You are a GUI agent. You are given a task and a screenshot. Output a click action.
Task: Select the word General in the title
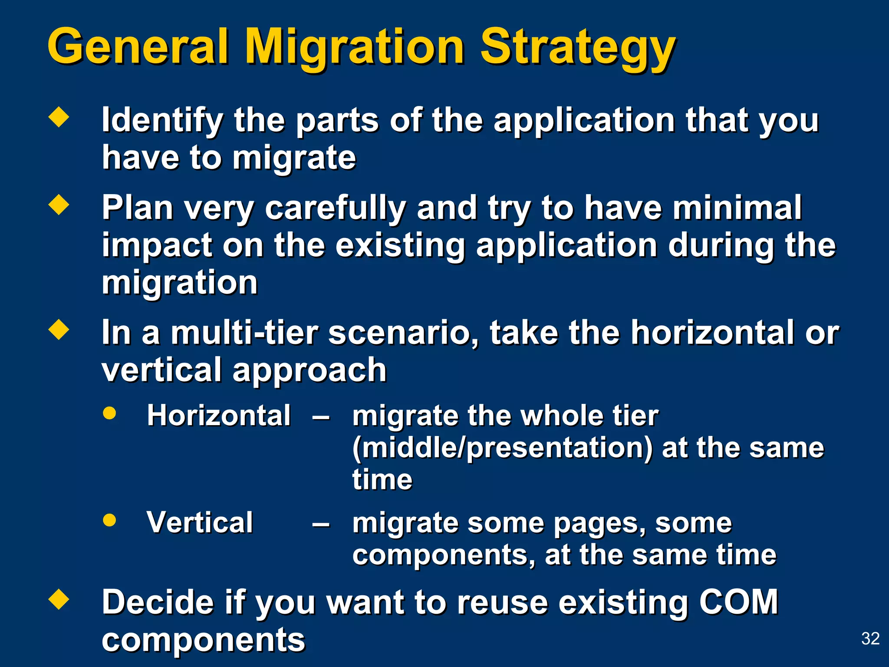[x=138, y=47]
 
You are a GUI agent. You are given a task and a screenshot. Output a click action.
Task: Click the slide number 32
[x=870, y=638]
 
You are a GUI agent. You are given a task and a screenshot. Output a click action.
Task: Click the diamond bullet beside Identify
[x=59, y=117]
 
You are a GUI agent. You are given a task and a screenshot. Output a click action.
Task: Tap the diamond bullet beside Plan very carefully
[x=59, y=205]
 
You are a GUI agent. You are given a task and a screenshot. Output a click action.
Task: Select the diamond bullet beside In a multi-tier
[x=59, y=330]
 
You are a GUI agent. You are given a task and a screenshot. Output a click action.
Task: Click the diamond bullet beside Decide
[x=59, y=600]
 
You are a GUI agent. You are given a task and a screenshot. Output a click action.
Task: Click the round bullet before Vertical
[x=109, y=520]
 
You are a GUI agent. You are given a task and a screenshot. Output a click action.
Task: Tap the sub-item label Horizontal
[x=219, y=416]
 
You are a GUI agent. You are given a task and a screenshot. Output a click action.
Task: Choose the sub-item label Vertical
[x=200, y=522]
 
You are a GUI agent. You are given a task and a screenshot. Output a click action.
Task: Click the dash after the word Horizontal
[x=321, y=418]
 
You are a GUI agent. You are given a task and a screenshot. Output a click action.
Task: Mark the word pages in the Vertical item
[x=599, y=523]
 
